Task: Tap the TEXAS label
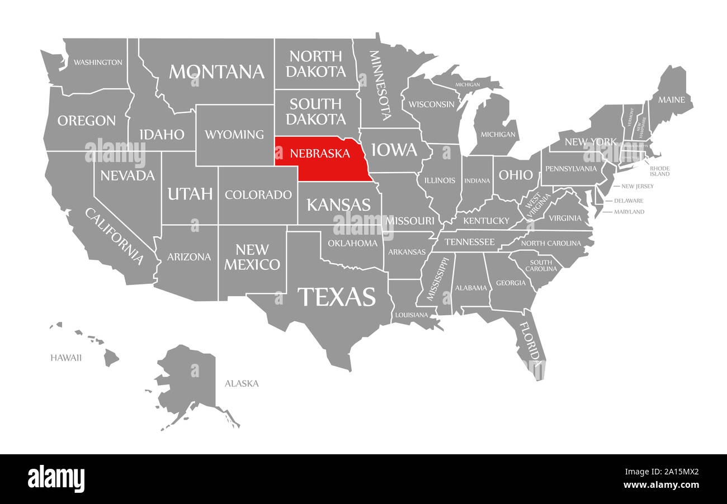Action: [336, 297]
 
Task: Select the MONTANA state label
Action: [216, 72]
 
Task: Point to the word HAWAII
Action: [65, 358]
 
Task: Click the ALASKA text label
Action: [242, 383]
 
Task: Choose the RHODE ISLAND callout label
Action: [659, 171]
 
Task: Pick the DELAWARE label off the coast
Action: [628, 201]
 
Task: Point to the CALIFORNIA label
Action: [114, 236]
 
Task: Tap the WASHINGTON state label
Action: [98, 62]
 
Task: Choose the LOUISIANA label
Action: [411, 315]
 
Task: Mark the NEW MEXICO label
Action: [252, 256]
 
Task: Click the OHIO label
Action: [516, 175]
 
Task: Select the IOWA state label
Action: [394, 150]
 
